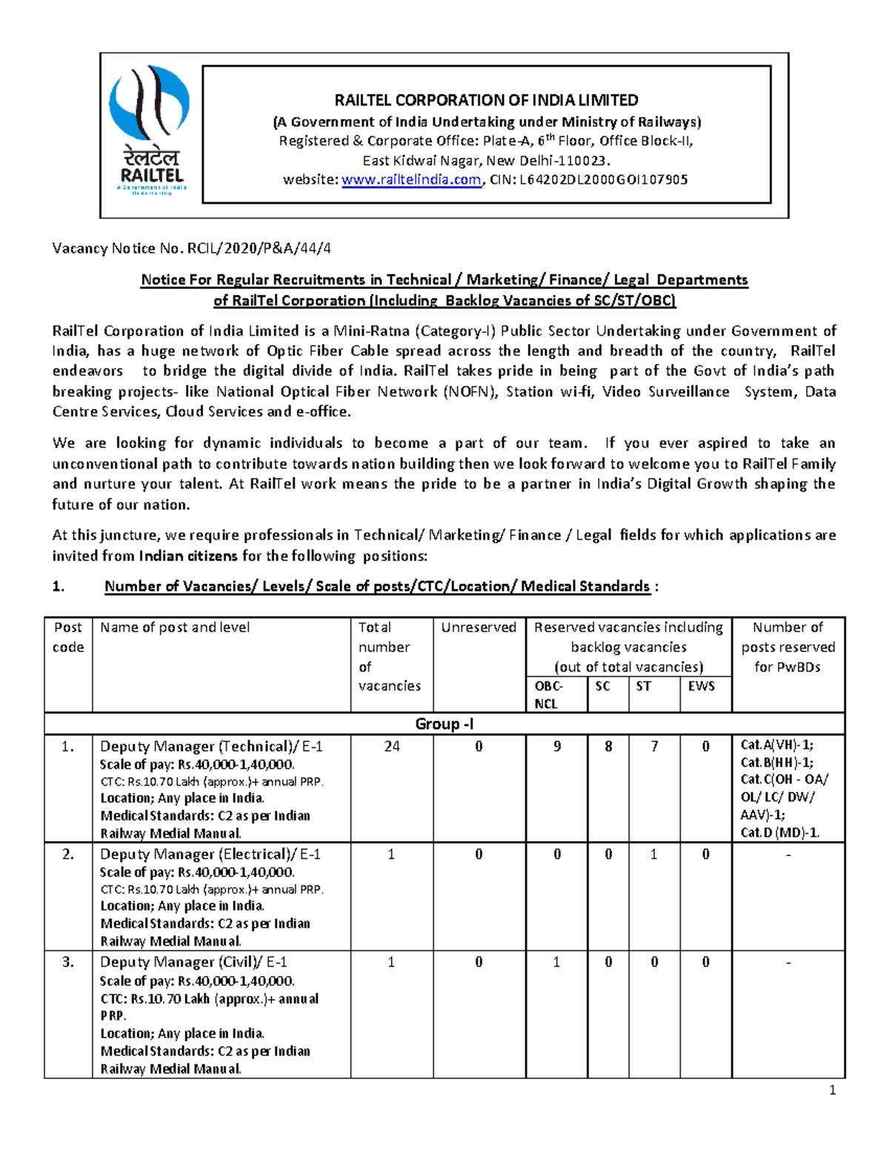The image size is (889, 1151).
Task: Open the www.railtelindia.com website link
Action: click(x=411, y=179)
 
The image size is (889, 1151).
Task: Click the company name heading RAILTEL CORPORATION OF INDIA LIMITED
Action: click(x=486, y=100)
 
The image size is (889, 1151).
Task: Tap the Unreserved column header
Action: click(x=479, y=628)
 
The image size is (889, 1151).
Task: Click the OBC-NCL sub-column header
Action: click(x=549, y=694)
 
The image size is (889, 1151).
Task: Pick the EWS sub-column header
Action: click(x=701, y=686)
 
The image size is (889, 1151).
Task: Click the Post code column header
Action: click(x=68, y=637)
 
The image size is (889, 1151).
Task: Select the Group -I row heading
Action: click(x=444, y=724)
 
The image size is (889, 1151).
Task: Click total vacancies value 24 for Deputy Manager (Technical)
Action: click(x=392, y=746)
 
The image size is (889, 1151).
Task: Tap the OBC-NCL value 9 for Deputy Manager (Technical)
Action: click(x=557, y=746)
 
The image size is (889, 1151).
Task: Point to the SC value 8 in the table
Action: click(x=608, y=746)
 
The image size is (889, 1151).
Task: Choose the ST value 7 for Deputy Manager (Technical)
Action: click(x=654, y=746)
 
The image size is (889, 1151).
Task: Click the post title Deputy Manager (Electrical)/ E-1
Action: click(x=210, y=855)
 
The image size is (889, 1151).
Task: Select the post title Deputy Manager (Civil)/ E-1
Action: click(x=193, y=963)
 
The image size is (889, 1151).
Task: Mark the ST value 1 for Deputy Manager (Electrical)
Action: click(x=654, y=855)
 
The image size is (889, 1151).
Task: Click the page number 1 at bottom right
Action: click(x=833, y=1089)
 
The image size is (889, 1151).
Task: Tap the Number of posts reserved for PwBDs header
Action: click(x=788, y=647)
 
